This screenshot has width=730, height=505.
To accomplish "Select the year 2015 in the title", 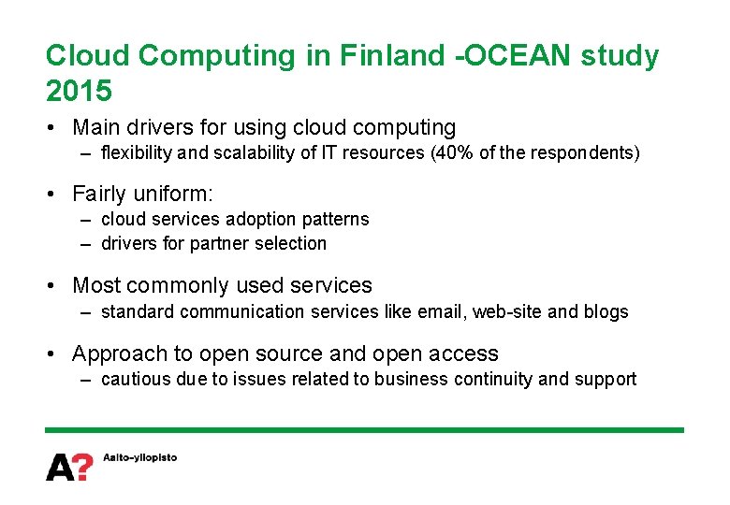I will pyautogui.click(x=79, y=92).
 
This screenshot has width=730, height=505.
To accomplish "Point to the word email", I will pyautogui.click(x=439, y=311).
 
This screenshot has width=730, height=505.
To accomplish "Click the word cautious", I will pyautogui.click(x=136, y=379).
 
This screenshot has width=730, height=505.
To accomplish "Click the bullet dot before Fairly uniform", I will pyautogui.click(x=55, y=195).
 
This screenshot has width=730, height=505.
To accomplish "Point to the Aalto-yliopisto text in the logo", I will pyautogui.click(x=139, y=457).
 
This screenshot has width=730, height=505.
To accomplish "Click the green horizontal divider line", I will pyautogui.click(x=365, y=429).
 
